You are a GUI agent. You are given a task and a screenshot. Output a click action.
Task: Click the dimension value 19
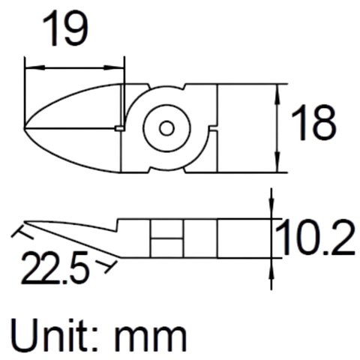(x=64, y=30)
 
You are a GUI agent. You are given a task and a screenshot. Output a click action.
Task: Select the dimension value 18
(x=313, y=124)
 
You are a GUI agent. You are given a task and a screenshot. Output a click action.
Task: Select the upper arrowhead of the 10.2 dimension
(x=271, y=213)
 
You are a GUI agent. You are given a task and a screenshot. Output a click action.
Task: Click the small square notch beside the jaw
(x=121, y=129)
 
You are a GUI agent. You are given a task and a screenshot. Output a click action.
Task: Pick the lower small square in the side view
(x=166, y=247)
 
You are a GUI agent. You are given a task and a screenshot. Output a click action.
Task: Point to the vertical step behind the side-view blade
(x=118, y=225)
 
